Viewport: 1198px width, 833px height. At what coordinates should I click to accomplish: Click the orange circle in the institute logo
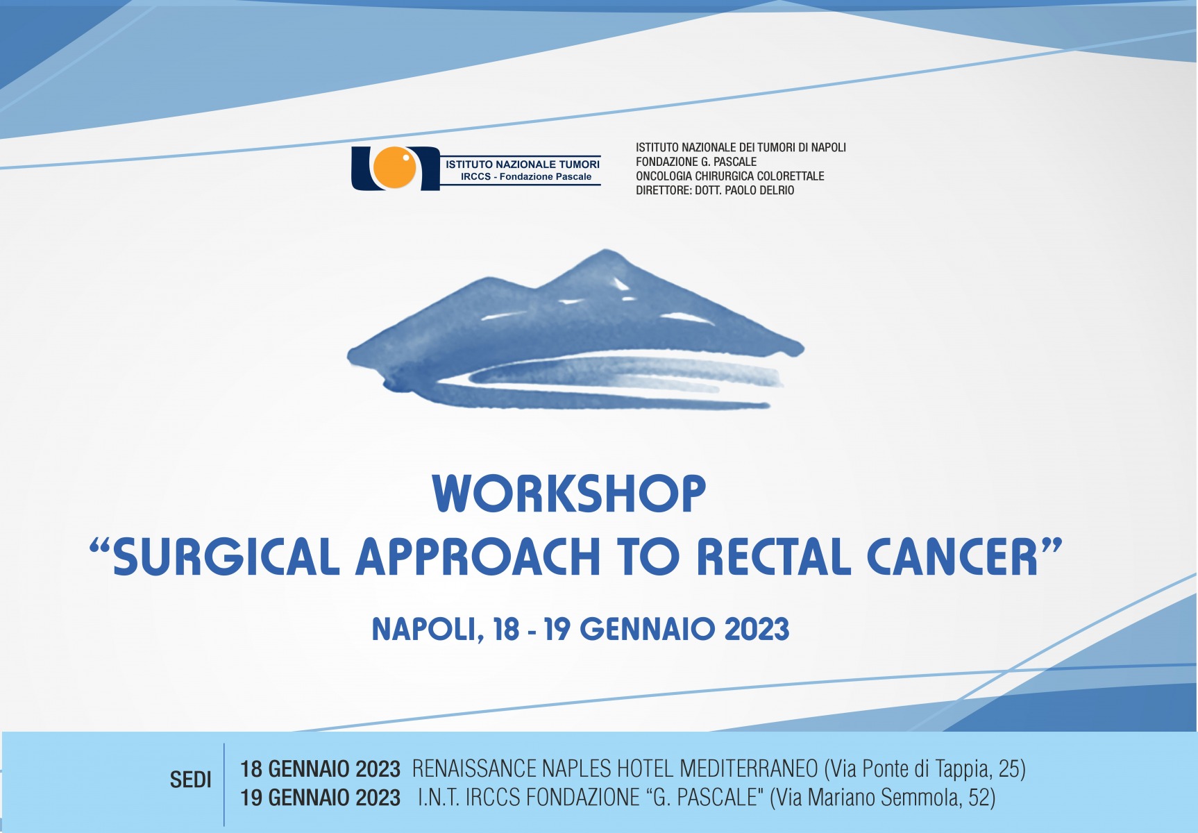point(396,169)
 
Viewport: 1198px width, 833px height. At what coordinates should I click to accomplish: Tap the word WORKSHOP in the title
point(569,494)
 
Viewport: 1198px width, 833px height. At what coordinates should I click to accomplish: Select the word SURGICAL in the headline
point(226,557)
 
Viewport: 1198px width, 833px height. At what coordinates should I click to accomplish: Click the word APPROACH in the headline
point(478,557)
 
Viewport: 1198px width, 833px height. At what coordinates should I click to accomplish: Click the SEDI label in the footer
point(191,780)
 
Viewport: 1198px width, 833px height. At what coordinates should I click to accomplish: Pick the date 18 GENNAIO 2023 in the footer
point(320,769)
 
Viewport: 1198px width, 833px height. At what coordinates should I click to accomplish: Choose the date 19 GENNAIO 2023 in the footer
point(320,798)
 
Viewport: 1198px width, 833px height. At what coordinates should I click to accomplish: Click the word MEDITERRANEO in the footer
point(749,769)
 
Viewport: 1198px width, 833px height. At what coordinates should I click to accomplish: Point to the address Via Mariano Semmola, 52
point(883,798)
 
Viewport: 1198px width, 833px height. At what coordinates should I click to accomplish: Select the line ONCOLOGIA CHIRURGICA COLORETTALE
point(730,176)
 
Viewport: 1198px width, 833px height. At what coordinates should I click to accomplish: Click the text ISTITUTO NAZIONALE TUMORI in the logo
point(523,165)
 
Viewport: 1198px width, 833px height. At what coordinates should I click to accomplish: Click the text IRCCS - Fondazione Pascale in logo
point(526,177)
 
